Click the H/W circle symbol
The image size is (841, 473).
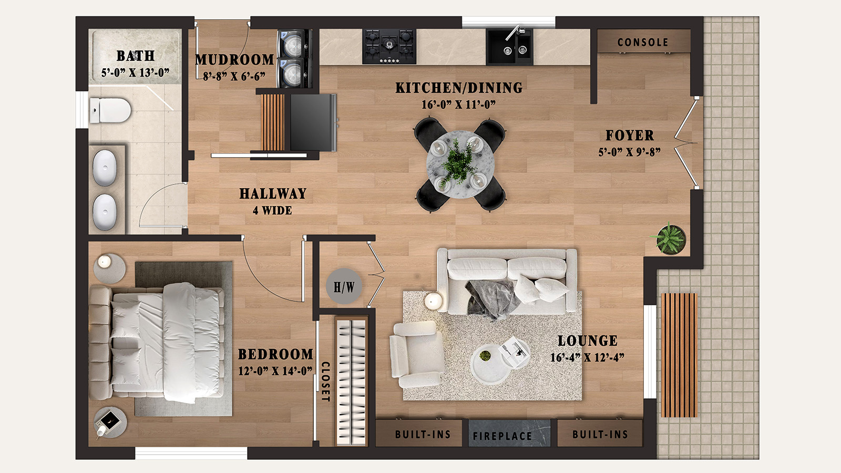344,286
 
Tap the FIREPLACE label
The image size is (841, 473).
502,436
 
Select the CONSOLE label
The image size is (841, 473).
642,42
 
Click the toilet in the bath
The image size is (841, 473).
111,110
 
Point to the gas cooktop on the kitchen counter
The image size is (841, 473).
389,46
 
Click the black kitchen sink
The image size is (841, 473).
509,47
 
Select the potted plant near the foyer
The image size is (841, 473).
670,239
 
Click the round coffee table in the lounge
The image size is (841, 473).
493,363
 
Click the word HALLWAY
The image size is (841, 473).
272,193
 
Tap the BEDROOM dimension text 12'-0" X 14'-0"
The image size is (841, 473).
275,371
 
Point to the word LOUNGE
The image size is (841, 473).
587,341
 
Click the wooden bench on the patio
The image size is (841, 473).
679,355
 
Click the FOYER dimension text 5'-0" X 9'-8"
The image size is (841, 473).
629,152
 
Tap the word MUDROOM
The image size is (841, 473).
234,60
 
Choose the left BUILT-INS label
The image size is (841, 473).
423,435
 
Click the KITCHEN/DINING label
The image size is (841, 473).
459,88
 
